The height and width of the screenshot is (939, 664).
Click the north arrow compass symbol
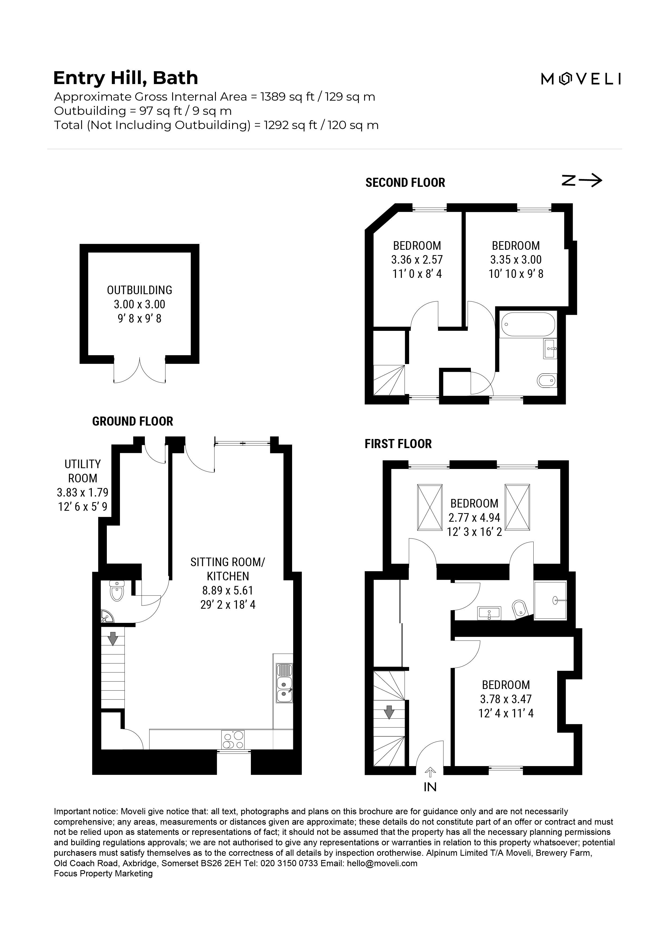[581, 180]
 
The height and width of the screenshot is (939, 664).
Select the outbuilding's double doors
[139, 370]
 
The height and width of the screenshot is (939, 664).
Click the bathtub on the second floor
[528, 325]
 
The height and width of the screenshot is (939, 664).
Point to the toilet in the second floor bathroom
[546, 381]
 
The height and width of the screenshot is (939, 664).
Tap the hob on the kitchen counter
[233, 740]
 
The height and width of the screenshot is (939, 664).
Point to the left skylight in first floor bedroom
[429, 507]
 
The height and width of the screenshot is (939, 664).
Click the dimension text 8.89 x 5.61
[228, 590]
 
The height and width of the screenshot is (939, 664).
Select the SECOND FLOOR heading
[405, 182]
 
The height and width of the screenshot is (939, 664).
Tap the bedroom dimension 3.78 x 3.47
[506, 699]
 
